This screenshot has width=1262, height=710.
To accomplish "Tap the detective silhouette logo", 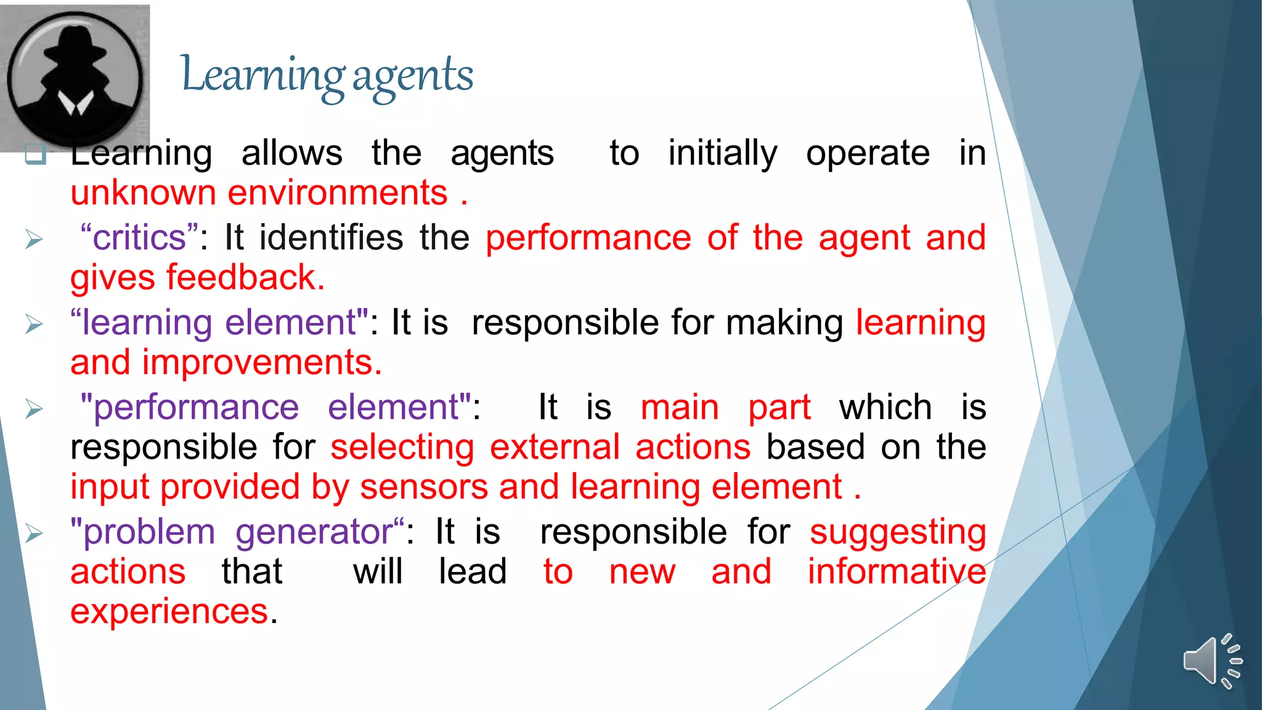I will point(75,78).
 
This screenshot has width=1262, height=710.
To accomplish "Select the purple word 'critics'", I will point(139,237).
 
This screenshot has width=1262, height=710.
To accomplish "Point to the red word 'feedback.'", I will point(245,277).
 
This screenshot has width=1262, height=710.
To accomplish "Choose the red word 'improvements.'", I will point(262,362).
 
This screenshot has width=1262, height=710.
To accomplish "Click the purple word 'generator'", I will point(314,532).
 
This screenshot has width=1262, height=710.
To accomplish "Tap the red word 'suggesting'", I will point(897,532).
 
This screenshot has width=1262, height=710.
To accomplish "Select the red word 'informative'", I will point(897,571).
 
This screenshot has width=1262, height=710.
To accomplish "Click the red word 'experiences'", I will point(169,611).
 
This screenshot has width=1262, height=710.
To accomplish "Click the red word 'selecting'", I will point(402,447).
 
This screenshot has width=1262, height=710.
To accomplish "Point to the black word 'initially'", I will point(722,153).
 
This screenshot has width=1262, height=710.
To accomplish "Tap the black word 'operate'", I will point(868,153).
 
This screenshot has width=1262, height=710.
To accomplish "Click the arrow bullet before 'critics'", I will point(35,239).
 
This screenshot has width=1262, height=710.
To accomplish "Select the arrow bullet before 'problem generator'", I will point(35,533).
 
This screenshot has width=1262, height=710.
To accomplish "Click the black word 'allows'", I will point(291,153).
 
